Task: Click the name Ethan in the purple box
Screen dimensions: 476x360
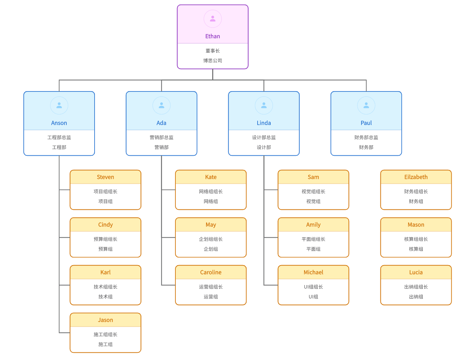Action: point(213,36)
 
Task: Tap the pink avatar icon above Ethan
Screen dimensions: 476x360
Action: point(213,19)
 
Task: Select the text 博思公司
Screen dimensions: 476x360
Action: point(213,61)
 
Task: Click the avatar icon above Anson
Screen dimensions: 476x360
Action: point(59,106)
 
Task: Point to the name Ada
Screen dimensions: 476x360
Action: point(161,123)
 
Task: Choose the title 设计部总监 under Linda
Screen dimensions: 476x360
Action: point(264,138)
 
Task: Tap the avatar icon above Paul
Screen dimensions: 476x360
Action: point(366,106)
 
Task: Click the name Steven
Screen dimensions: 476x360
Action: point(105,177)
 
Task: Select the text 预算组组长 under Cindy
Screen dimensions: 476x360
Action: point(105,239)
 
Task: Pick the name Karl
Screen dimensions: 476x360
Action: point(105,272)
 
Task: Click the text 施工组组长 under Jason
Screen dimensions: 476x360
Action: point(105,335)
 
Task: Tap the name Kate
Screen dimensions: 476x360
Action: point(211,177)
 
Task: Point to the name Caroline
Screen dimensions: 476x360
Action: point(211,272)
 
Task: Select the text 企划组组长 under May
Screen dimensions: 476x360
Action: point(211,239)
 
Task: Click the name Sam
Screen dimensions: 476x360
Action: point(313,177)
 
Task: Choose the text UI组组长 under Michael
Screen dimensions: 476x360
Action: point(313,287)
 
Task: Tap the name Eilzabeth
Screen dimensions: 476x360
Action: point(416,177)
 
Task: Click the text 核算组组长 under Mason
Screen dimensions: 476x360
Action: point(416,239)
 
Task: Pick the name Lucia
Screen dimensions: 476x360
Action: point(416,272)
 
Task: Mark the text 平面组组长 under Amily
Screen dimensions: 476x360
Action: point(313,239)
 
